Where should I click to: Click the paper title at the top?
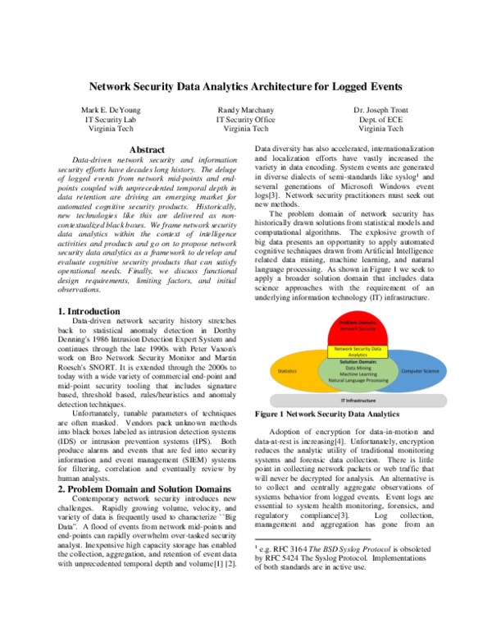246,85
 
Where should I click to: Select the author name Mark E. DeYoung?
111,109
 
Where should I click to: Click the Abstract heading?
148,149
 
